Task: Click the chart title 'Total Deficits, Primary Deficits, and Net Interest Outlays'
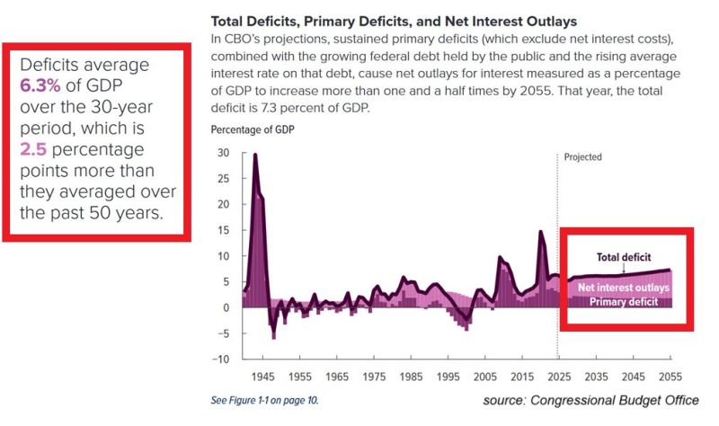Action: pyautogui.click(x=394, y=20)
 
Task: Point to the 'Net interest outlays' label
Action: pyautogui.click(x=624, y=288)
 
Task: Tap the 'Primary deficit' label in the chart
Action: pyautogui.click(x=624, y=302)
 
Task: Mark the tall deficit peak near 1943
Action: pyautogui.click(x=255, y=155)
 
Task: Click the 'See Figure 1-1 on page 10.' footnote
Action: pyautogui.click(x=264, y=399)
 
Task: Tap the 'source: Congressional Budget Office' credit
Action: pyautogui.click(x=590, y=399)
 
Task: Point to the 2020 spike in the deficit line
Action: pyautogui.click(x=540, y=233)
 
